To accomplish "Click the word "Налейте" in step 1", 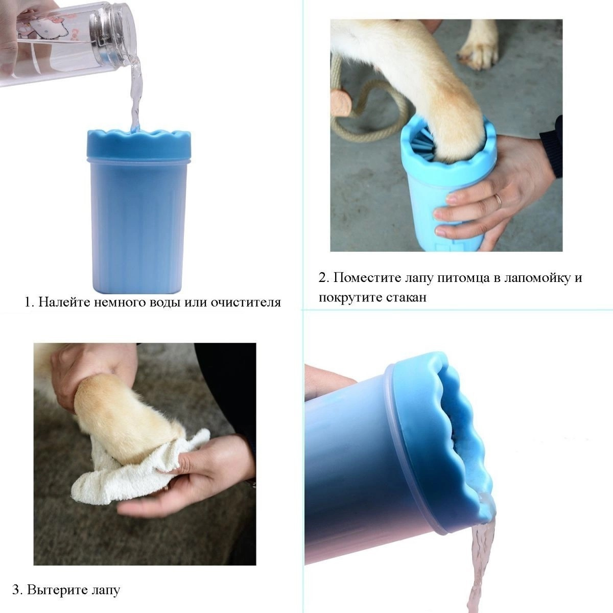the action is point(64,302).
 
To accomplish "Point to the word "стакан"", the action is point(406,298).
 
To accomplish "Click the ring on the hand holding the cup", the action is point(498,200).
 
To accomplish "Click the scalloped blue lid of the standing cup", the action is point(139,145).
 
